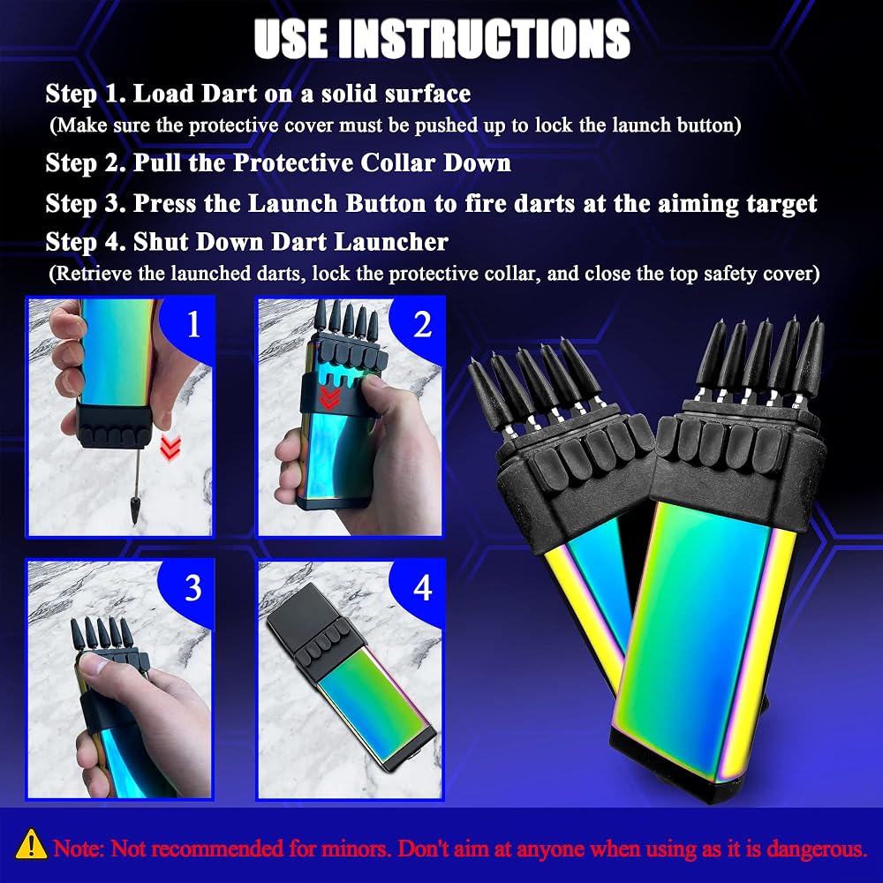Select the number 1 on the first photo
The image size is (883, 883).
[193, 324]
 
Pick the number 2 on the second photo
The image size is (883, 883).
[422, 324]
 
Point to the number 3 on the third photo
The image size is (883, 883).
[193, 587]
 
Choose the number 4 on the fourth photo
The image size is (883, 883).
[422, 587]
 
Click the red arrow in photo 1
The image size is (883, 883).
[170, 448]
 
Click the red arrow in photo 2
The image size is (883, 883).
[329, 397]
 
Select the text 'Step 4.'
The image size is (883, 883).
[86, 242]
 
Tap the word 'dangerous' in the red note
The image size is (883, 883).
[819, 848]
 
